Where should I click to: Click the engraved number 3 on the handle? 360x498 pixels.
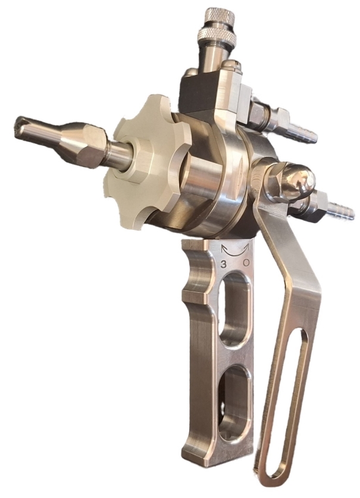tap(223, 264)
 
